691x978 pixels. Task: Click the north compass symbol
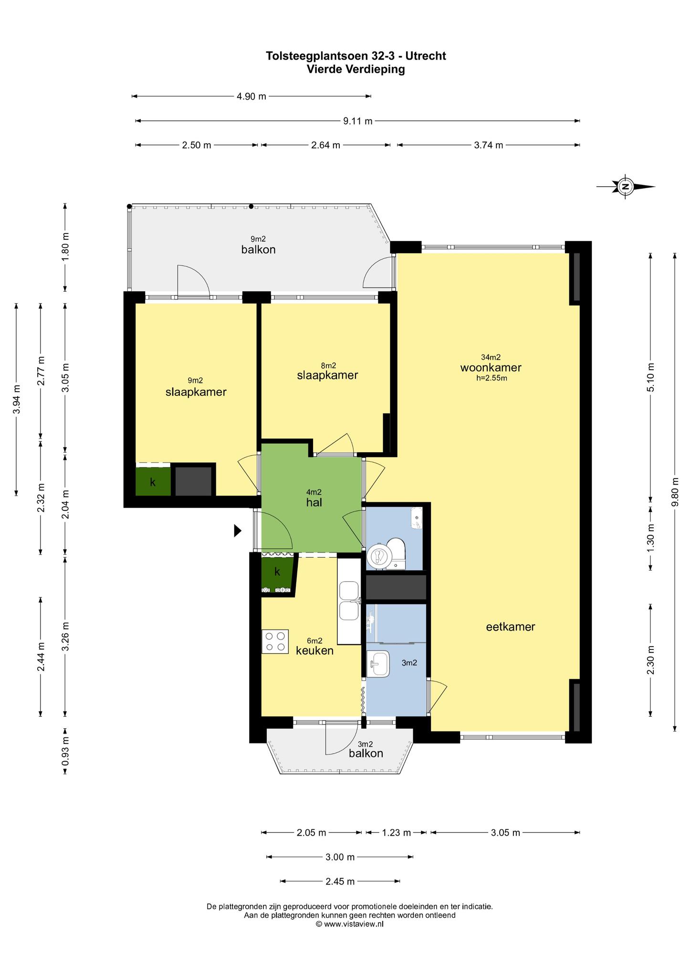pyautogui.click(x=625, y=186)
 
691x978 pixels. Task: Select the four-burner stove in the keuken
pyautogui.click(x=275, y=641)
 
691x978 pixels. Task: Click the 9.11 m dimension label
pyautogui.click(x=358, y=121)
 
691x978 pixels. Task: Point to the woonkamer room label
pyautogui.click(x=491, y=368)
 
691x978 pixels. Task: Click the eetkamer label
pyautogui.click(x=511, y=627)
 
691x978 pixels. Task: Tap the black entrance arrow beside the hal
pyautogui.click(x=238, y=531)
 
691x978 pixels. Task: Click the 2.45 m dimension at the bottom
pyautogui.click(x=340, y=882)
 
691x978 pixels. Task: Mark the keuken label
pyautogui.click(x=314, y=650)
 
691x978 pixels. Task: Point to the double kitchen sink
pyautogui.click(x=349, y=601)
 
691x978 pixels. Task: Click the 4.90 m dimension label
pyautogui.click(x=251, y=96)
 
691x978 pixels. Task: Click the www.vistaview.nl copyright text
pyautogui.click(x=349, y=924)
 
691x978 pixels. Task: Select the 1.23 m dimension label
pyautogui.click(x=397, y=833)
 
